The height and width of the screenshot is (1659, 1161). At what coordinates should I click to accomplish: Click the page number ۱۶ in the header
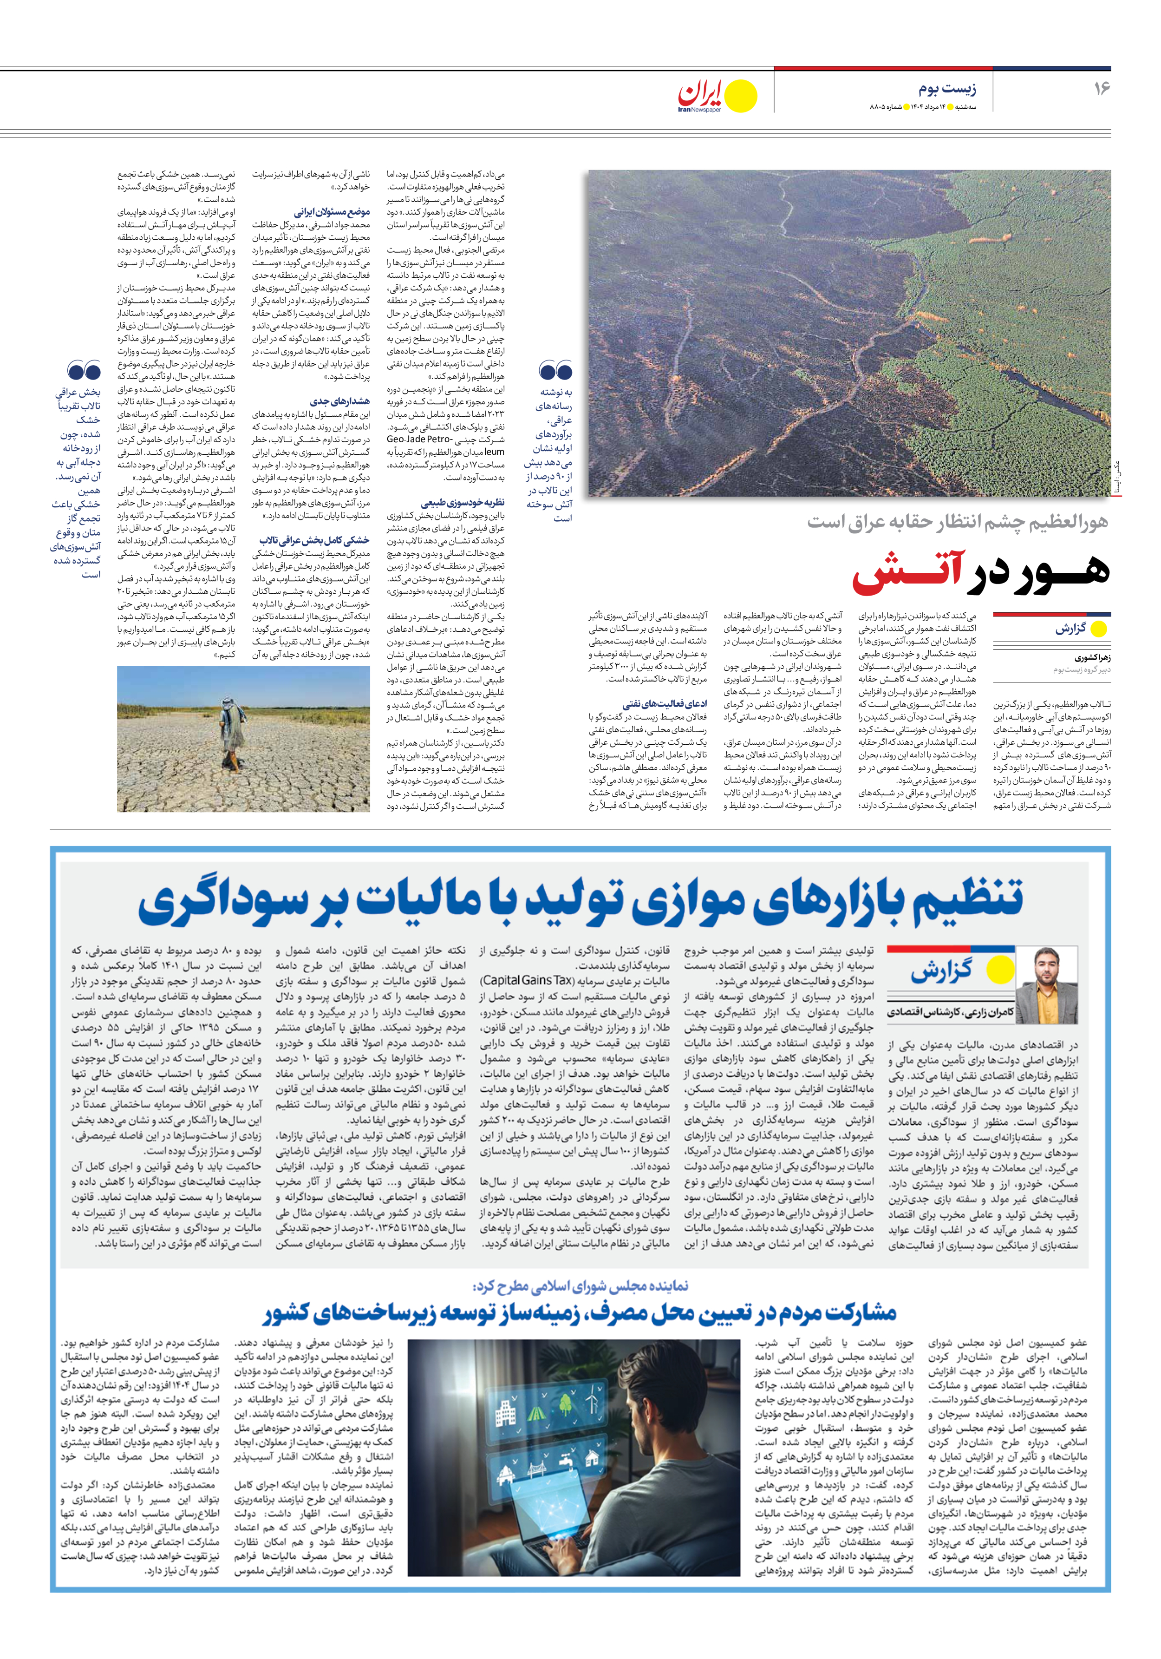coord(1100,88)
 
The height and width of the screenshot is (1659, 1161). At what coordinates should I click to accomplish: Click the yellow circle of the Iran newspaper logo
coord(741,96)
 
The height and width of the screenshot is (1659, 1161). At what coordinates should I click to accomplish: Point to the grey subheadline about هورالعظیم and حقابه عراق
coord(957,522)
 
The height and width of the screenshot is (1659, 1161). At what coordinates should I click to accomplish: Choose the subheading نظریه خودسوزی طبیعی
coord(463,502)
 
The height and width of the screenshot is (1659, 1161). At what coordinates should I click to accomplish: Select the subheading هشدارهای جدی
coord(340,401)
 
